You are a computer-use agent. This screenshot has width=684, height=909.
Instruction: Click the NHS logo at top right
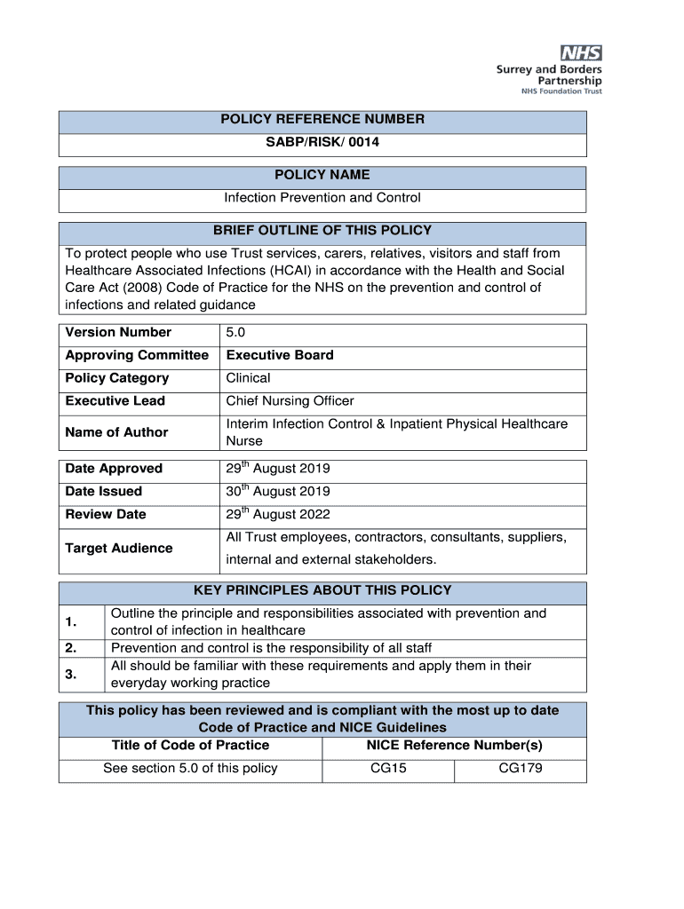579,53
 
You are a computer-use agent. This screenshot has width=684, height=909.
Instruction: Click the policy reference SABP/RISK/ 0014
322,142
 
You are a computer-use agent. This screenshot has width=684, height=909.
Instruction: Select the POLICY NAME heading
322,175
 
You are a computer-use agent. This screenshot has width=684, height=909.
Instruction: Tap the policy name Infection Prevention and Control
322,198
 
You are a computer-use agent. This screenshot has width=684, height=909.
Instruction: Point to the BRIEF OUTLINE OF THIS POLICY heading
322,231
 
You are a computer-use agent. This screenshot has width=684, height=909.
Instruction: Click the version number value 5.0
235,333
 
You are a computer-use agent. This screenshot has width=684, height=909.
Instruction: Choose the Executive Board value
280,356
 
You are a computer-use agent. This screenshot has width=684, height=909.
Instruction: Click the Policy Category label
116,378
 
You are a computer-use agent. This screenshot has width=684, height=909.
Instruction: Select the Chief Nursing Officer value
290,401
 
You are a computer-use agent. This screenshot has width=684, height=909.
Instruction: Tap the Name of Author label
116,432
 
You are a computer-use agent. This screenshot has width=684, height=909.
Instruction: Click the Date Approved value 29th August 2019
278,469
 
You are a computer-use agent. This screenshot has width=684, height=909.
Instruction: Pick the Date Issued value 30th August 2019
278,492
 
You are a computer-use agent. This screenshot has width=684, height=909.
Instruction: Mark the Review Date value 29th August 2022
278,515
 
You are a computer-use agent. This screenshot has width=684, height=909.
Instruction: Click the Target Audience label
119,549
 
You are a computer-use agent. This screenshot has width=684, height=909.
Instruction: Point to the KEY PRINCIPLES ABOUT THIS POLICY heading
322,590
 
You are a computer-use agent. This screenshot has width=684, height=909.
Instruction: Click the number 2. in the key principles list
71,648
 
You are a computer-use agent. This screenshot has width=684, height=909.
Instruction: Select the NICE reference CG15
388,769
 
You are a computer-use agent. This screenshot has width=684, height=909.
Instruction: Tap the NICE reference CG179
520,769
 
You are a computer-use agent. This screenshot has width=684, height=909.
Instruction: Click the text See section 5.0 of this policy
190,769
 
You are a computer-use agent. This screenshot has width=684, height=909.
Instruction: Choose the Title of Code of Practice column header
190,746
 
